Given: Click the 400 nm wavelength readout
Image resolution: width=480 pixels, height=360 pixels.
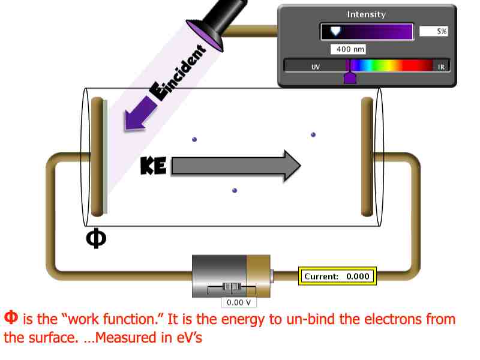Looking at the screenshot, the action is click(348, 49).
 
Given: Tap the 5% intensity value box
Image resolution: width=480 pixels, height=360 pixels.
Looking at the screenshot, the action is click(433, 31).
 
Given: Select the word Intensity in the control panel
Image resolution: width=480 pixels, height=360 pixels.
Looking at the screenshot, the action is click(366, 14).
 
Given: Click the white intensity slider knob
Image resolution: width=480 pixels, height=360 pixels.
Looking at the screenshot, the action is click(335, 31).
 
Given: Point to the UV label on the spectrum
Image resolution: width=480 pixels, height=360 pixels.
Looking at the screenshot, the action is click(316, 67).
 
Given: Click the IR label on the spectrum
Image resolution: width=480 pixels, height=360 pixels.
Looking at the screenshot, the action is click(441, 67).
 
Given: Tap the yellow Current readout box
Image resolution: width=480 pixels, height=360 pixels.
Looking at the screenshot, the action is click(337, 276).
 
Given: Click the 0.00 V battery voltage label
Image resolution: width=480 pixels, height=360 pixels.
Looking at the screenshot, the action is click(239, 302).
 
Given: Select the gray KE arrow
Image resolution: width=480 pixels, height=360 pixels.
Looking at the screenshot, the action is click(236, 166).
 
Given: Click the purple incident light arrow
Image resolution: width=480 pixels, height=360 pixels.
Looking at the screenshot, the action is click(139, 113).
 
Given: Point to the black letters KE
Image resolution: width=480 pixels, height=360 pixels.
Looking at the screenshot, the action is click(154, 166).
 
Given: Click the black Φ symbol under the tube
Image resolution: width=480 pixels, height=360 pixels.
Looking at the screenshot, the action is click(96, 238).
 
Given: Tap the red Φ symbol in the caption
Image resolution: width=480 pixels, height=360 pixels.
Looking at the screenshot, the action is click(11, 317).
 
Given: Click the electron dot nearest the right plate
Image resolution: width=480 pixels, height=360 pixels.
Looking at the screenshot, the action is click(313, 134).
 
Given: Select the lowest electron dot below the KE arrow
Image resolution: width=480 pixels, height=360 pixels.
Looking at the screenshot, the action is click(235, 190).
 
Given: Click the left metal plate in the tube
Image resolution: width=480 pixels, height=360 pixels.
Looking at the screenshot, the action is click(98, 157).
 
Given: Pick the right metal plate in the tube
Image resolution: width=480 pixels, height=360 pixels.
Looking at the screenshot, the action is click(367, 157).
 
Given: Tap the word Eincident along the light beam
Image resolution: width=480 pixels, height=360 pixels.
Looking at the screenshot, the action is click(178, 73).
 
